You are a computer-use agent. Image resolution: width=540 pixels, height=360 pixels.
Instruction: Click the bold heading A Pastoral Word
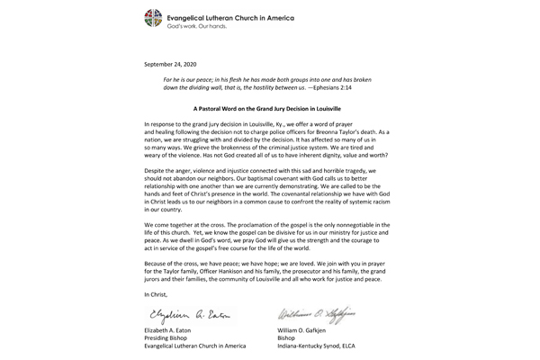coord(269,108)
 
